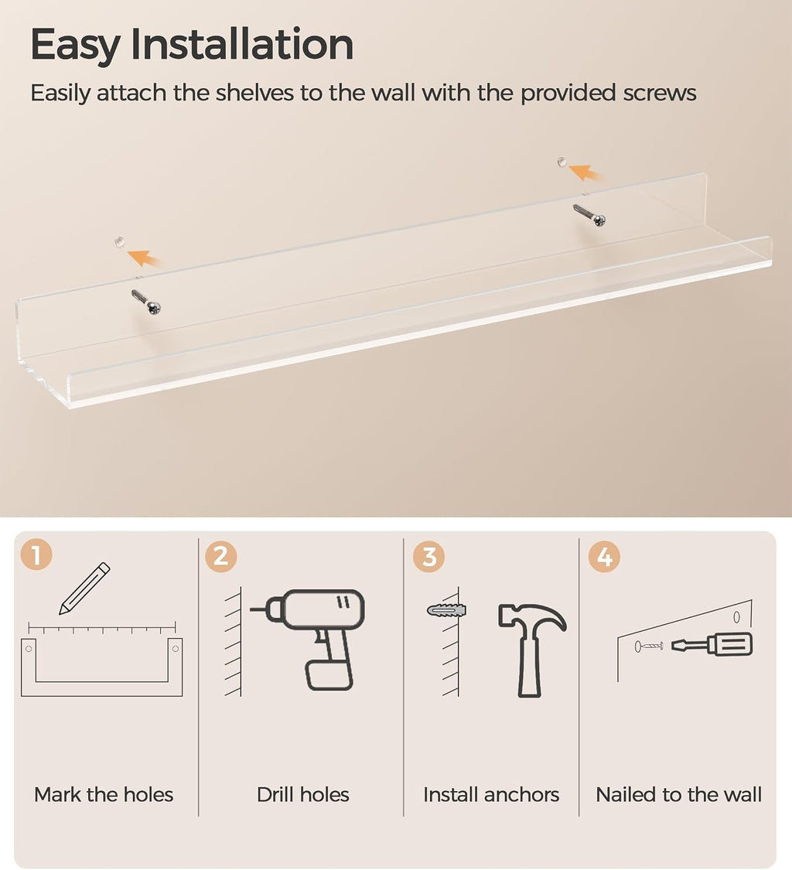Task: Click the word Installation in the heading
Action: pyautogui.click(x=242, y=44)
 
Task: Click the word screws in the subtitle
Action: pyautogui.click(x=659, y=93)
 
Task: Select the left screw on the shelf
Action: pyautogui.click(x=146, y=302)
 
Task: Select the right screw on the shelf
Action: pyautogui.click(x=589, y=215)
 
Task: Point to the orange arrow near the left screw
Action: pyautogui.click(x=144, y=258)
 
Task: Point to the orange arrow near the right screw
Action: pyautogui.click(x=585, y=172)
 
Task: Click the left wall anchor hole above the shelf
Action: pyautogui.click(x=119, y=241)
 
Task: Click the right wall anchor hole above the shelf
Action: pyautogui.click(x=562, y=162)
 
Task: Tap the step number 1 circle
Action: pyautogui.click(x=36, y=554)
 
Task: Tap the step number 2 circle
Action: pyautogui.click(x=221, y=556)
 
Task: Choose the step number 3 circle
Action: pyautogui.click(x=429, y=557)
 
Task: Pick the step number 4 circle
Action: pyautogui.click(x=604, y=557)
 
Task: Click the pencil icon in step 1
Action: pyautogui.click(x=85, y=589)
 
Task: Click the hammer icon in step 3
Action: pyautogui.click(x=531, y=650)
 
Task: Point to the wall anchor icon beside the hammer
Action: pyautogui.click(x=446, y=610)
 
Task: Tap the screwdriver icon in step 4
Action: pyautogui.click(x=712, y=645)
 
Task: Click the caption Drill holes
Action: pyautogui.click(x=303, y=794)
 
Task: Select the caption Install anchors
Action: pyautogui.click(x=491, y=794)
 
